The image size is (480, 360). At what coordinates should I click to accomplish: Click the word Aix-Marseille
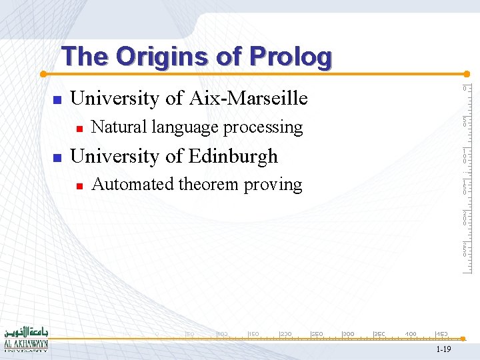(x=248, y=99)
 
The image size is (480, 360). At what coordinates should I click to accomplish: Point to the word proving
(x=273, y=185)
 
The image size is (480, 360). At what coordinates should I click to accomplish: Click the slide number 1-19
(x=443, y=349)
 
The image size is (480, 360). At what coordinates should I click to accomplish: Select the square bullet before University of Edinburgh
(x=57, y=158)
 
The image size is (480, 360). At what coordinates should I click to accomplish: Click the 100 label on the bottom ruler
(x=222, y=333)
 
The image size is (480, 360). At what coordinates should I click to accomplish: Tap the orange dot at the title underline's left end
(x=42, y=73)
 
